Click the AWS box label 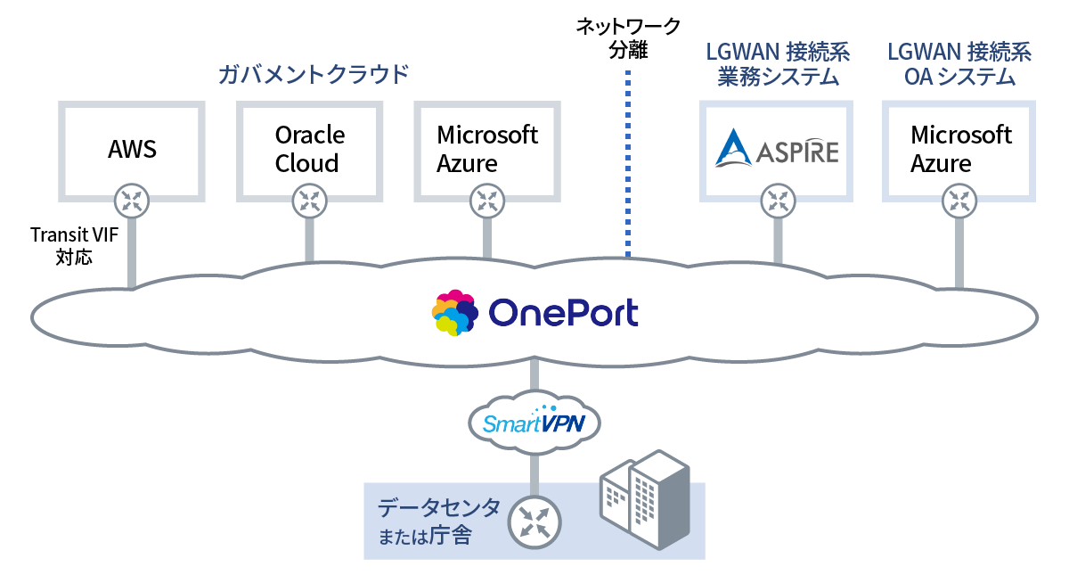tap(132, 149)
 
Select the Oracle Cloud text tap(309, 149)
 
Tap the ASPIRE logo tap(777, 149)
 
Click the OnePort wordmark tap(563, 313)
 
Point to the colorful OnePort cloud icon tap(455, 313)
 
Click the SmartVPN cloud tap(534, 420)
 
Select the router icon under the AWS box tap(132, 200)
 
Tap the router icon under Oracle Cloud tap(309, 200)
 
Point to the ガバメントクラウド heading tap(313, 74)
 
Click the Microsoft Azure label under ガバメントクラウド tap(487, 149)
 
